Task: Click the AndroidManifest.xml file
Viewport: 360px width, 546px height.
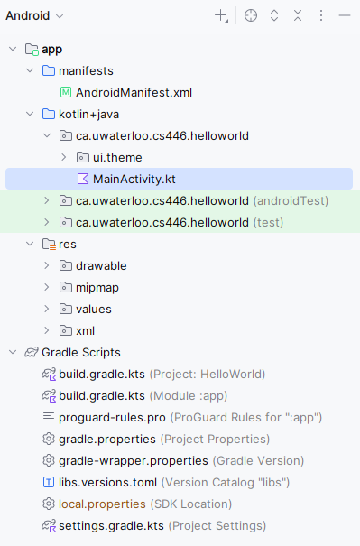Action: tap(134, 93)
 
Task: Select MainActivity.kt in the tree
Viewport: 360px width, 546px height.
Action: tap(134, 179)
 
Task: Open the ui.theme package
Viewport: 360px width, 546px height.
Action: tap(117, 157)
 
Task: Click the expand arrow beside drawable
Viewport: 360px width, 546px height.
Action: tap(47, 265)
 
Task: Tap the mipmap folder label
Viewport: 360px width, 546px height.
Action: tap(97, 288)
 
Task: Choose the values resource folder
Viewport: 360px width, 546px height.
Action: tap(94, 310)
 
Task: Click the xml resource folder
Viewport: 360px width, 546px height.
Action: tap(86, 331)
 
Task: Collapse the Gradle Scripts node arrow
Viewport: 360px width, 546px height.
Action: tap(13, 352)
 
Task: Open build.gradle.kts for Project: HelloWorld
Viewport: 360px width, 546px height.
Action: tap(102, 374)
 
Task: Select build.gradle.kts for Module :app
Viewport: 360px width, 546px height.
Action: tap(102, 395)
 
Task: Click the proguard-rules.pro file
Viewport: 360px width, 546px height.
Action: tap(112, 418)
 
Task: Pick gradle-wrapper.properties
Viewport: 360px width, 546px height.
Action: tap(134, 460)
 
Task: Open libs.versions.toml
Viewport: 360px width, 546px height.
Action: tap(108, 482)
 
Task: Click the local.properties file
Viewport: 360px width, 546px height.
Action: tap(102, 504)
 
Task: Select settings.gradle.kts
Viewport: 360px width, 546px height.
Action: tap(111, 526)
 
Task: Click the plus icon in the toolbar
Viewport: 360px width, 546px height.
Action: tap(221, 15)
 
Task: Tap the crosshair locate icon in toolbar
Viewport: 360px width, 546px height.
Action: tap(251, 15)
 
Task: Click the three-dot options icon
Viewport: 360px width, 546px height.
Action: tap(321, 15)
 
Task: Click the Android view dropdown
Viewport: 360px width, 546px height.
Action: tap(34, 15)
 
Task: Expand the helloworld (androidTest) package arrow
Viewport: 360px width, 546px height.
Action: tap(47, 200)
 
